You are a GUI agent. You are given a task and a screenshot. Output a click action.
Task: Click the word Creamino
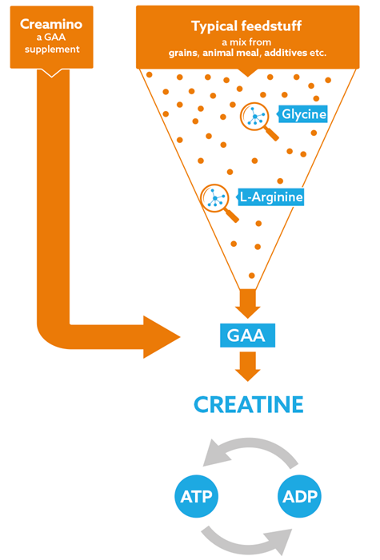pos(51,24)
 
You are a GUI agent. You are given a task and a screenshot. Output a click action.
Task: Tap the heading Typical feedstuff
pos(246,26)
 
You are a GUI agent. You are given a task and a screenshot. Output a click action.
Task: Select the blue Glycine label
pos(302,114)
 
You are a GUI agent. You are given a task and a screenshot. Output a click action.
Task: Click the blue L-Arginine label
pos(270,197)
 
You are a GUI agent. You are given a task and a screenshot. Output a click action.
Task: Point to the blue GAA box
pos(247,336)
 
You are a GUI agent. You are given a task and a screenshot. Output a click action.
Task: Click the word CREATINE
pos(249,405)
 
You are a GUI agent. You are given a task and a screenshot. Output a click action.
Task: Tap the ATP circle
pos(197,496)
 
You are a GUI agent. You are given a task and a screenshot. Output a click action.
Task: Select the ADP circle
pos(299,496)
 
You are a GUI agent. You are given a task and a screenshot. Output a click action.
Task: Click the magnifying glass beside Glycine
pos(258,121)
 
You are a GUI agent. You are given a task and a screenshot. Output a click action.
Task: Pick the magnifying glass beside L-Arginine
pos(218,202)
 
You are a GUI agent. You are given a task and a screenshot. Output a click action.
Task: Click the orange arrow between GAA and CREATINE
pos(248,367)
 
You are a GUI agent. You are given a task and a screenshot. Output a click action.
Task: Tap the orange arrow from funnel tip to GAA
pos(248,304)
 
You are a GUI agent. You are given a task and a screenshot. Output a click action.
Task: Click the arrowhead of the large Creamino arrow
pos(161,337)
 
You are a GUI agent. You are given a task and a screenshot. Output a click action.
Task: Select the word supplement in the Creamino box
pos(52,50)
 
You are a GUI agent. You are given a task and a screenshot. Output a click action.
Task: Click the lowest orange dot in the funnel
pos(251,276)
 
